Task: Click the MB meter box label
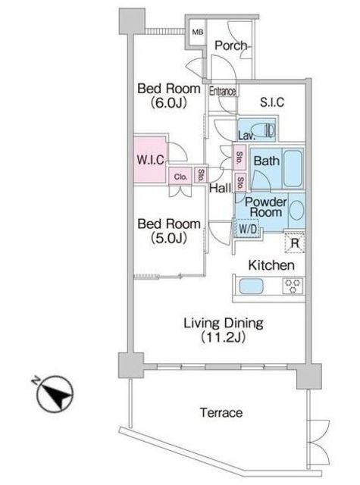(x=198, y=32)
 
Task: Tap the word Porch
(x=231, y=45)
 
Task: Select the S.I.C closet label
(x=272, y=102)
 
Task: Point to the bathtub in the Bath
(x=293, y=168)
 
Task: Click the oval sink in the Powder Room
(x=297, y=211)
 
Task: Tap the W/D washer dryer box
(x=248, y=229)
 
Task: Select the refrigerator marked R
(x=295, y=242)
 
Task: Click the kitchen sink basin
(x=251, y=286)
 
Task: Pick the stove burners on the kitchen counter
(x=293, y=286)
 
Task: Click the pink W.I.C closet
(x=150, y=160)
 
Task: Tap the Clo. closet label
(x=180, y=177)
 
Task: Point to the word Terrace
(x=221, y=412)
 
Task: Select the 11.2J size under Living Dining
(x=224, y=336)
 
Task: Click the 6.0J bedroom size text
(x=168, y=102)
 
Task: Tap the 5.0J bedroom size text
(x=168, y=237)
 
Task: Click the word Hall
(x=221, y=188)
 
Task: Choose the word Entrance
(x=222, y=91)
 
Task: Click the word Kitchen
(x=271, y=265)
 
